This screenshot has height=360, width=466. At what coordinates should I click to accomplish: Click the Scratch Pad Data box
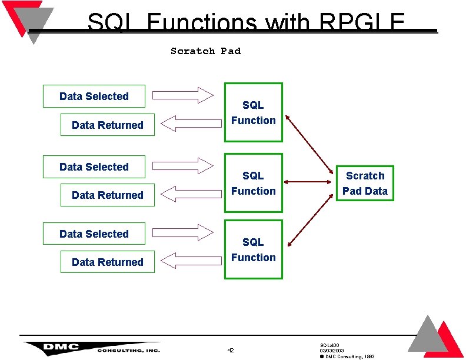coord(365,184)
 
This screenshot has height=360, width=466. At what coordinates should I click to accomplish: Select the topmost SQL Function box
coord(253,112)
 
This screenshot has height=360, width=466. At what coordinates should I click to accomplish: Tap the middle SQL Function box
coord(253,183)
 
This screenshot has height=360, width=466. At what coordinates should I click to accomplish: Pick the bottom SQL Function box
coord(253,249)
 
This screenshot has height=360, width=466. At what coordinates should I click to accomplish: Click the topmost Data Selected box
coord(94,96)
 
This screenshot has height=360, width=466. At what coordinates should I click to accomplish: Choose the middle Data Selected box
coord(94,167)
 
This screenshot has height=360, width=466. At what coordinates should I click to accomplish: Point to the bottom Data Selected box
coord(94,234)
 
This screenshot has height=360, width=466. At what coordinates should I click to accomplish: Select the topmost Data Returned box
coord(108,125)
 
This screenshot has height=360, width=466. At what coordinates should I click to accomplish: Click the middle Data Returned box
coord(108,195)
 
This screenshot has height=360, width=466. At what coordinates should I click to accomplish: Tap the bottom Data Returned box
coord(108,262)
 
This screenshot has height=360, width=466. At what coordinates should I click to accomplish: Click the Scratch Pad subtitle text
coord(205,51)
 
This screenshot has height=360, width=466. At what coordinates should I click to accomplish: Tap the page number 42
coord(231,351)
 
